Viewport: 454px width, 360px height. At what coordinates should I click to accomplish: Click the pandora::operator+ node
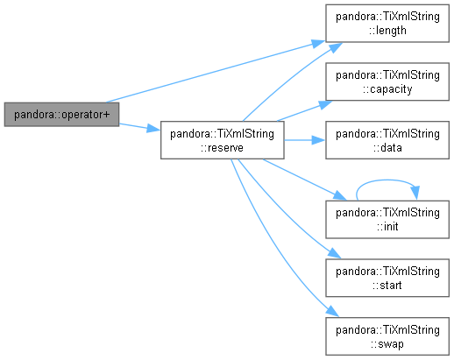point(61,115)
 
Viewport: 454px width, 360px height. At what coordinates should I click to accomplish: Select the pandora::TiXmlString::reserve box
point(223,140)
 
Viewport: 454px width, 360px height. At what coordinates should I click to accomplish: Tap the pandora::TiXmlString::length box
point(387,24)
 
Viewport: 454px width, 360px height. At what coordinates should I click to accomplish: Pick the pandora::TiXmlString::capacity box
point(387,81)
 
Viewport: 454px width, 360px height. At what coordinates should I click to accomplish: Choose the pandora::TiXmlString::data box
point(387,140)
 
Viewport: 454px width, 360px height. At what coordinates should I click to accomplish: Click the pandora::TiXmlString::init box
point(387,220)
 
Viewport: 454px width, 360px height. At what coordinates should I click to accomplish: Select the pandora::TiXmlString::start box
point(387,278)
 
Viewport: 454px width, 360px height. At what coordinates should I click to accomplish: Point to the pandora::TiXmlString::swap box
point(387,336)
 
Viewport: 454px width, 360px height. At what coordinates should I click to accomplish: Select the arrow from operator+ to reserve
point(139,127)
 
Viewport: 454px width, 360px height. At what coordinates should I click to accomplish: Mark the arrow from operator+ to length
point(216,72)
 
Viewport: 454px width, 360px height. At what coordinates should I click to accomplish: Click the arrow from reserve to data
point(305,140)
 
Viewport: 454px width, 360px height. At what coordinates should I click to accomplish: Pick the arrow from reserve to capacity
point(305,111)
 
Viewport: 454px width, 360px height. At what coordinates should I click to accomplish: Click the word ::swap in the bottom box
point(387,344)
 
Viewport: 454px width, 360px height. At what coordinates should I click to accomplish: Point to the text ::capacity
point(387,89)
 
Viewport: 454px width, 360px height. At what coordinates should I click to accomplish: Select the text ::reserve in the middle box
point(222,147)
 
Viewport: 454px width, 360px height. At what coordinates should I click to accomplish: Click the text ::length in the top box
point(387,31)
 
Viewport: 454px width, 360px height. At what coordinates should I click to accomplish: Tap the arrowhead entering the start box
point(335,253)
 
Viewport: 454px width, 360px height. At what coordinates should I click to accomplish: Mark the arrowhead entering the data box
point(318,140)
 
